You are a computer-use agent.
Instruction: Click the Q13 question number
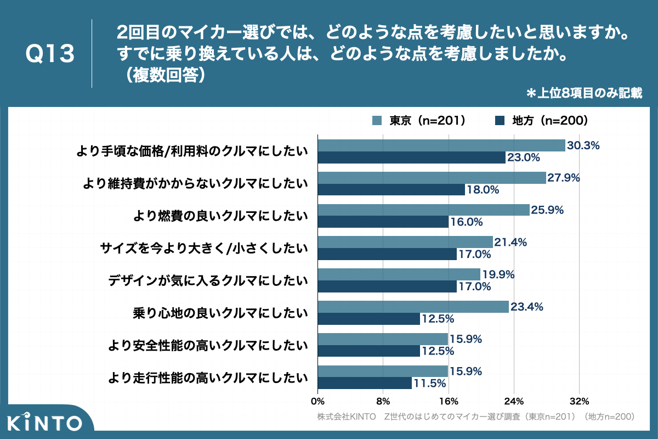pos(50,54)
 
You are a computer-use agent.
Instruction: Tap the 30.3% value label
pos(583,145)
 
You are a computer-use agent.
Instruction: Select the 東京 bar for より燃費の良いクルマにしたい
pos(423,210)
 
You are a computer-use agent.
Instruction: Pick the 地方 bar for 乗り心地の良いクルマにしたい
pos(368,319)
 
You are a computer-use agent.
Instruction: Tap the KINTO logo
pos(45,423)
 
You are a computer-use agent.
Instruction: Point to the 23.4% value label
pos(526,307)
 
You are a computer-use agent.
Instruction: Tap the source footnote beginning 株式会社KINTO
pos(475,417)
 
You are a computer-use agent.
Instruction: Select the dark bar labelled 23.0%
pos(411,157)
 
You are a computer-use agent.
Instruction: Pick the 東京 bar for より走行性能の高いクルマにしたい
pos(383,372)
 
